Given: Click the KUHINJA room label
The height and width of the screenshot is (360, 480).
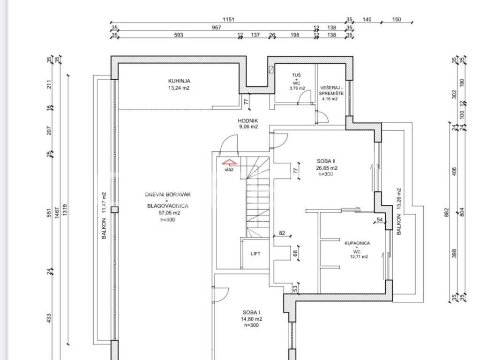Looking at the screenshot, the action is coord(179,81).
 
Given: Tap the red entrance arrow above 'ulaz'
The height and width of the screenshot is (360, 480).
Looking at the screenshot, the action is coord(230,162).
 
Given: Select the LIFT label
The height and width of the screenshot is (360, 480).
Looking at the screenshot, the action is coord(255,254).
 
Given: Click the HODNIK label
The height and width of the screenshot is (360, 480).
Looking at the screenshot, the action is coord(248,121).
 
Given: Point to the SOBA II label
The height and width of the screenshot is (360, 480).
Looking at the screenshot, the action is coord(326,161).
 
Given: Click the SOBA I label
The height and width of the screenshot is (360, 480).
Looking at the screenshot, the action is coord(251,313).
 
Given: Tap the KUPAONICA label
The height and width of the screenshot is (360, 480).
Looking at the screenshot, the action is coord(357,243).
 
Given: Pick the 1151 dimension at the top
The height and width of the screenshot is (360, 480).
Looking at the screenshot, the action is coord(228,20).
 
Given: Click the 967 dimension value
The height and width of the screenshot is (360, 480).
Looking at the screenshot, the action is coord(217,28).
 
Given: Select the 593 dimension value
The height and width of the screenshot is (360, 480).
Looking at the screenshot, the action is coord(179,35).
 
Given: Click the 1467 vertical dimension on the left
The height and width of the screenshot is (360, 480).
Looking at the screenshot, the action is coord(57,213).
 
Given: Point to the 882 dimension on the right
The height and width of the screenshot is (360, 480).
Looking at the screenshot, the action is coord(447,212).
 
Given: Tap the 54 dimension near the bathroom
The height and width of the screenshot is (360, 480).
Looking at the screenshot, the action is coord(380,219).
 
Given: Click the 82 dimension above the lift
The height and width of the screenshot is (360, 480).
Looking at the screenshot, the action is coord(282,233).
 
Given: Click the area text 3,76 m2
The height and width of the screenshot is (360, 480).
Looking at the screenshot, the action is coord(297,89).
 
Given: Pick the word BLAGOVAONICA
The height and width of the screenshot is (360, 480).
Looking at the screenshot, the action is coord(168,206).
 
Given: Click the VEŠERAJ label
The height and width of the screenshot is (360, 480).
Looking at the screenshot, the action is coord(331,88).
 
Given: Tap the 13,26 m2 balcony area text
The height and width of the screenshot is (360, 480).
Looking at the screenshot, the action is coord(398,199).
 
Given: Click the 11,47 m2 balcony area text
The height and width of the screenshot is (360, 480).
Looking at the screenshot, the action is coord(104,202).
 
